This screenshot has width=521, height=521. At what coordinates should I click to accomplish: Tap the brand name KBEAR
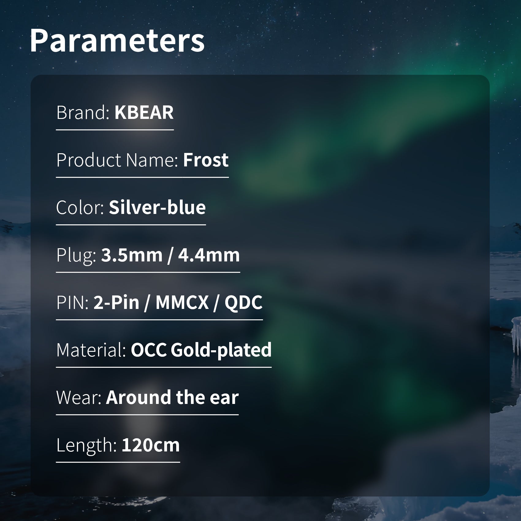(144, 112)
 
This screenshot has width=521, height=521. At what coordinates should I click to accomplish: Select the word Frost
(206, 160)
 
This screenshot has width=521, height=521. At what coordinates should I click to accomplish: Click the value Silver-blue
(157, 207)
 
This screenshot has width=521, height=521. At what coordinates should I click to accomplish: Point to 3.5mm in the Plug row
(132, 255)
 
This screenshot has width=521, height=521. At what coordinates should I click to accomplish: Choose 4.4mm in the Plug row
(209, 255)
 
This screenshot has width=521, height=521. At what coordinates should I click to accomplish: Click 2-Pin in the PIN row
(116, 303)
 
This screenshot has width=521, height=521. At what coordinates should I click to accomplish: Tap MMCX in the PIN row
(182, 303)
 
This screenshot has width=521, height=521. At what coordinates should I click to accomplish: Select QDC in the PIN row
(244, 303)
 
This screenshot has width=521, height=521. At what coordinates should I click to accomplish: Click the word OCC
(149, 350)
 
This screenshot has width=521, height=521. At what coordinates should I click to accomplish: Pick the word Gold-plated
(221, 350)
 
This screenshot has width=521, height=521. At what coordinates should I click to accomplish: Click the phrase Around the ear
(172, 397)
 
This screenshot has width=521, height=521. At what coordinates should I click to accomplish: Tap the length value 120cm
(151, 445)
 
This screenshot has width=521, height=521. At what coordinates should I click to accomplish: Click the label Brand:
(83, 112)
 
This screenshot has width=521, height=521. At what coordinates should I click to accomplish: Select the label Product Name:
(117, 160)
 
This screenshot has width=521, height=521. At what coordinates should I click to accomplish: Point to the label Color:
(81, 207)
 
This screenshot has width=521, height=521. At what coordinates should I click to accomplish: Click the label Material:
(91, 350)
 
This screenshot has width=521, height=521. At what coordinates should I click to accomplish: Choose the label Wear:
(79, 397)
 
